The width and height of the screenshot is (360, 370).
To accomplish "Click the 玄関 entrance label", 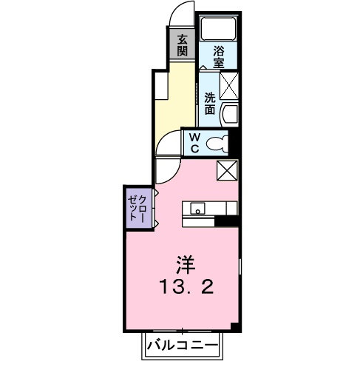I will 182,45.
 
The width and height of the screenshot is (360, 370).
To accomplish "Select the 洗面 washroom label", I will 211,103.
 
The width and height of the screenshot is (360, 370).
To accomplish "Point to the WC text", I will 192,142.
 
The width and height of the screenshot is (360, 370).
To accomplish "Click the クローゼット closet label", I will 137,206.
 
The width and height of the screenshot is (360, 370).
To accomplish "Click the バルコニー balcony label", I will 181,345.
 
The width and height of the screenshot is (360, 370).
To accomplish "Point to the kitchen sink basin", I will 197,209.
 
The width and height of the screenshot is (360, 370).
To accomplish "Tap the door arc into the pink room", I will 167,169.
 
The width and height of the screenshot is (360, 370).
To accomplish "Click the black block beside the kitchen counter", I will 225,220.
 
